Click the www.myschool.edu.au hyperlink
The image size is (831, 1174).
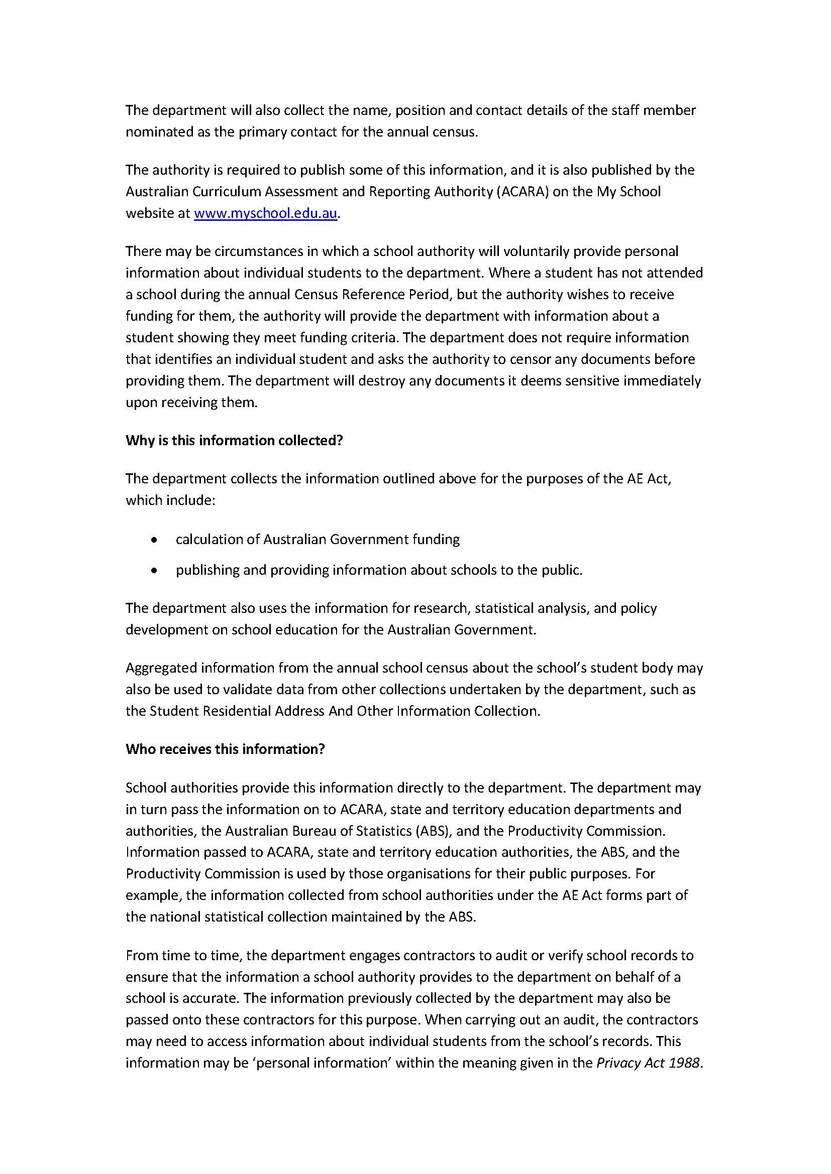pyautogui.click(x=266, y=213)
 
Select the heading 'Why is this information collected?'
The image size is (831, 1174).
pyautogui.click(x=234, y=441)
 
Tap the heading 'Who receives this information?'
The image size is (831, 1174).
pyautogui.click(x=225, y=749)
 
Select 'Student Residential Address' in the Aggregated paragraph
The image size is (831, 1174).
pyautogui.click(x=240, y=711)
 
